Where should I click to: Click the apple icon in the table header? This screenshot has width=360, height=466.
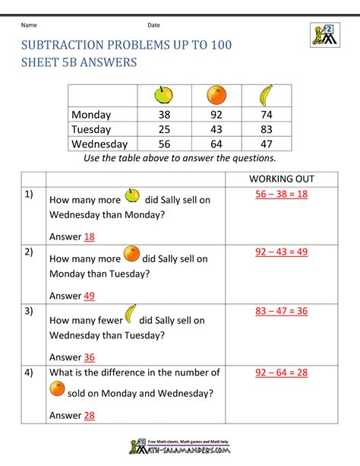click(165, 94)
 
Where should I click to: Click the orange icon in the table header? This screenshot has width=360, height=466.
click(216, 95)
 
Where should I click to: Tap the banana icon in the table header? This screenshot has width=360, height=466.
click(266, 95)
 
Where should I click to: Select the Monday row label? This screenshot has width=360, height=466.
click(91, 115)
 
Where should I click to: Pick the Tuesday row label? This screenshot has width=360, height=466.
click(91, 129)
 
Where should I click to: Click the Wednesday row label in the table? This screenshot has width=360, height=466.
click(99, 144)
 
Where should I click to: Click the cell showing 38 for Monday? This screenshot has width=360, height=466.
click(165, 115)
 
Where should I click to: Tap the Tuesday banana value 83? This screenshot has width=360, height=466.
click(266, 129)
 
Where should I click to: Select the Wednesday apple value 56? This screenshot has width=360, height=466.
click(165, 144)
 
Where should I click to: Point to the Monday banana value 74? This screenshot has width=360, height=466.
click(266, 115)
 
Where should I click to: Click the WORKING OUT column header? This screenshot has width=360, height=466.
click(281, 179)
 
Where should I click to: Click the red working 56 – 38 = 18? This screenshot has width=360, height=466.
click(281, 195)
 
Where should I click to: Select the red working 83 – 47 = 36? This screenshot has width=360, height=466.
click(281, 311)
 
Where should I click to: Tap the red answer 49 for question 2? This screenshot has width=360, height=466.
click(90, 296)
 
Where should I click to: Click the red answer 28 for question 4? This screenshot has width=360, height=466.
click(90, 416)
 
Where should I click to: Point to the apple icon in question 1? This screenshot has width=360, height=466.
click(132, 197)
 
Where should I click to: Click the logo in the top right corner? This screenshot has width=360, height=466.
click(323, 34)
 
